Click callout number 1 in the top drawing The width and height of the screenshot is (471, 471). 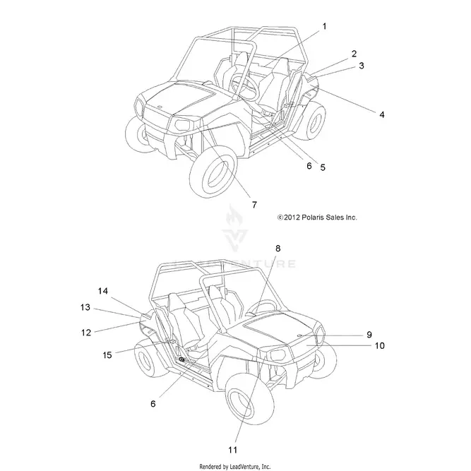coord(324,26)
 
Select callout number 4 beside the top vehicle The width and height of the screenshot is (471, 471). coord(382,114)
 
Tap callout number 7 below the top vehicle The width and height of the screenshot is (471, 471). coord(254,205)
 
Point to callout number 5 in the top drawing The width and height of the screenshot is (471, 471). coord(323,167)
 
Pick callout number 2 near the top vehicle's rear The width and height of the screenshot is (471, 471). coord(354,54)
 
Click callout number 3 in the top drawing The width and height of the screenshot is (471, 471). coord(362,66)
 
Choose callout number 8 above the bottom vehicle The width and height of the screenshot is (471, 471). coord(278,249)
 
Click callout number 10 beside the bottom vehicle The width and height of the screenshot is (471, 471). coord(380,345)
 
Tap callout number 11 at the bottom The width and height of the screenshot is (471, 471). coord(232,450)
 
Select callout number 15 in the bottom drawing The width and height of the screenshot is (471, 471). coord(107,355)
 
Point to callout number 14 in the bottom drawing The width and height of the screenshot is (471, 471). coord(102,291)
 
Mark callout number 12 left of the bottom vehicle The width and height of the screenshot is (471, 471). coord(86,333)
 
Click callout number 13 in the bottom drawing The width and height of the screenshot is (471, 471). coord(85,307)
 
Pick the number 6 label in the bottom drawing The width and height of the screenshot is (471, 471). coord(153,404)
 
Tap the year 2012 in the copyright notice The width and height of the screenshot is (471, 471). coord(292,217)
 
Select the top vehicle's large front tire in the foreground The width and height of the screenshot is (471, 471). coord(213,171)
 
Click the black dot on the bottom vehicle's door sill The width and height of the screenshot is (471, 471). coord(181,359)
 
